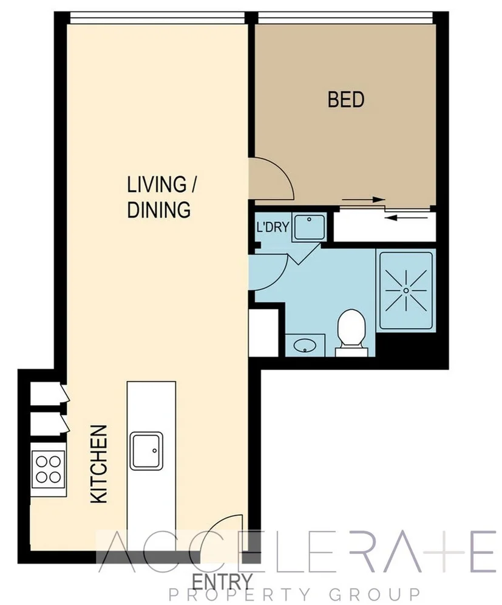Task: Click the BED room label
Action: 346,99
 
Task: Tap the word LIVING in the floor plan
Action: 155,183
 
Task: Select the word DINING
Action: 159,210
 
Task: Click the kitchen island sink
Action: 146,450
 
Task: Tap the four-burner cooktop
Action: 49,468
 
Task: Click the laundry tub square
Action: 309,227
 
